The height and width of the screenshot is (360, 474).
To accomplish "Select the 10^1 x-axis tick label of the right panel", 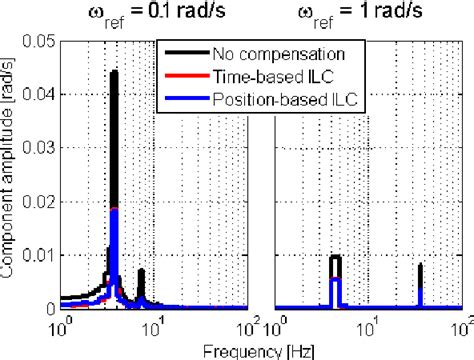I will point(370,324).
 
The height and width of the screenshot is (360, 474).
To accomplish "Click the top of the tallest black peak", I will point(113,72).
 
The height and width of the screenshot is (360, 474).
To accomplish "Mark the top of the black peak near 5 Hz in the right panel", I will point(336,257).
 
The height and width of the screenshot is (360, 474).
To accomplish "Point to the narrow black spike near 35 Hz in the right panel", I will point(421,267).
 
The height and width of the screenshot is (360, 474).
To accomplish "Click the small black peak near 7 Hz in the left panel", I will point(142,271).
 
